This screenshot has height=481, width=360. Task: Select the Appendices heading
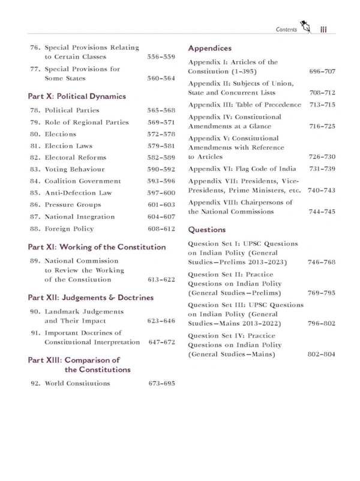click(210, 48)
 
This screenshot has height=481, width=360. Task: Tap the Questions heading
click(207, 229)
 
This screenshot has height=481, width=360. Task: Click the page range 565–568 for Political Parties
click(161, 111)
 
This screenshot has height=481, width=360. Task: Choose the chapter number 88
click(34, 229)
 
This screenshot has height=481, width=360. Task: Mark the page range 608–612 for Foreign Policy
click(161, 229)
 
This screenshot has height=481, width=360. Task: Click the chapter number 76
click(34, 47)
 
